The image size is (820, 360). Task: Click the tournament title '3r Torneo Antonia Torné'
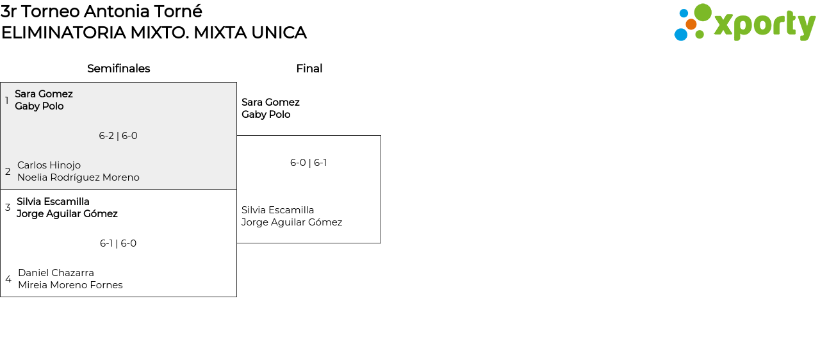point(101,12)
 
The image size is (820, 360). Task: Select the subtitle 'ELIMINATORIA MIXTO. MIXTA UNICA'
point(154,33)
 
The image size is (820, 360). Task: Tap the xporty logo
point(744,23)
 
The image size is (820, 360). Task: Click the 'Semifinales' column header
point(119,69)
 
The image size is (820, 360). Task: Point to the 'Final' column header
point(309,69)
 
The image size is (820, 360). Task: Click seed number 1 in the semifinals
point(7,101)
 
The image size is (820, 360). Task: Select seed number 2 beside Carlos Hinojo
point(8,172)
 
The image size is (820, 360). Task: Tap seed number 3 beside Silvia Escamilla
point(8,208)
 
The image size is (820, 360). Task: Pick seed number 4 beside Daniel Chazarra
point(8,279)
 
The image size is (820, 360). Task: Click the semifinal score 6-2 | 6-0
point(118,136)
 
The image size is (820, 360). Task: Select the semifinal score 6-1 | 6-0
point(118,243)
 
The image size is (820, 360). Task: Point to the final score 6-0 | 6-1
point(308,163)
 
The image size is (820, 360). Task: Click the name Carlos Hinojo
point(49,165)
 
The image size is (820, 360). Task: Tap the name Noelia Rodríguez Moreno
point(78,177)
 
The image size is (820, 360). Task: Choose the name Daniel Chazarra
point(56,273)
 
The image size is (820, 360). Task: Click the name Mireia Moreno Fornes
point(70,285)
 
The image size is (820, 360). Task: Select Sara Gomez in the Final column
point(270,102)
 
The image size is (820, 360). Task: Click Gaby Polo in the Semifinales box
point(39,106)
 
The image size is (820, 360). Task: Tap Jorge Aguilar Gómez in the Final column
point(291,222)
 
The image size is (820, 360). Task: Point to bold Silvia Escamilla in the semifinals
point(53,202)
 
